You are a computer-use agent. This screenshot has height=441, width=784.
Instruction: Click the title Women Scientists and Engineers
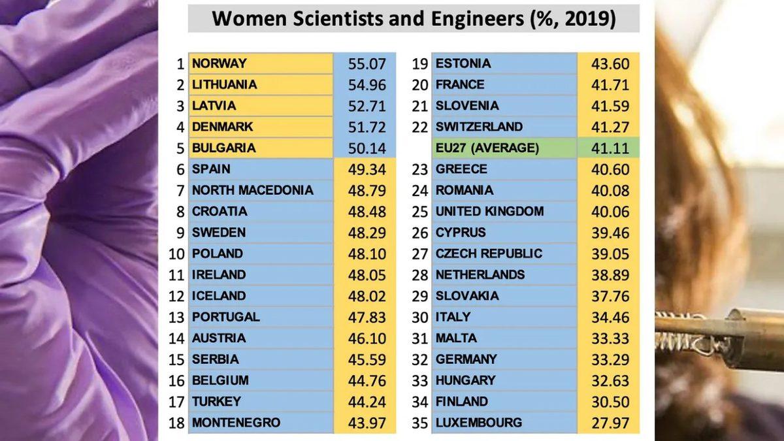(x=414, y=18)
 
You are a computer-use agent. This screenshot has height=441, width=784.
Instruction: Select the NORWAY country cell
(x=220, y=63)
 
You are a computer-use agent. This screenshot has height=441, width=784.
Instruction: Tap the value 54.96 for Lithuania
(x=367, y=85)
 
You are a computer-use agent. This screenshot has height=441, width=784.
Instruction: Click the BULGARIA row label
(x=224, y=148)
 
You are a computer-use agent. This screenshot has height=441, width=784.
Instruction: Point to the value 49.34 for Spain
(x=367, y=169)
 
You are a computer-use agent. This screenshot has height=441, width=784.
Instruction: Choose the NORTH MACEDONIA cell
(x=252, y=190)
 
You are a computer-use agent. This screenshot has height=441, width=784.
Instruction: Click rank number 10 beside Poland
(x=176, y=253)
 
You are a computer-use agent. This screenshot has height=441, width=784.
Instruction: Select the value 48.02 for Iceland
(x=367, y=296)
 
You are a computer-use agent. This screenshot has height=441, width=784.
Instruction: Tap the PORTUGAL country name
(x=225, y=317)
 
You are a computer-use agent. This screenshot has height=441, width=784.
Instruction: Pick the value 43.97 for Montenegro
(x=367, y=423)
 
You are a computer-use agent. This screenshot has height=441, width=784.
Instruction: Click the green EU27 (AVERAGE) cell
(x=487, y=148)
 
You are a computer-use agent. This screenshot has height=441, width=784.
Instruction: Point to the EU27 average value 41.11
(x=610, y=148)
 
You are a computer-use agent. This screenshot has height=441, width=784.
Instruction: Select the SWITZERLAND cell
(x=479, y=127)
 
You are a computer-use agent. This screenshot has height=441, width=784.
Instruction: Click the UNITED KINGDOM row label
(x=489, y=211)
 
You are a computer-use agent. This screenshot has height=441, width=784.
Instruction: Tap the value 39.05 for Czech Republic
(x=610, y=254)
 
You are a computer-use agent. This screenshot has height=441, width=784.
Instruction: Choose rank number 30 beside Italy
(x=420, y=317)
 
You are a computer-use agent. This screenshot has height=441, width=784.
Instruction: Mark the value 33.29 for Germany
(x=610, y=359)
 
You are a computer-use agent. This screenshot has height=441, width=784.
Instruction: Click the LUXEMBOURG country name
(x=479, y=423)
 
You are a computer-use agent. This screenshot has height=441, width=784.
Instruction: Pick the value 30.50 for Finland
(x=610, y=402)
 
